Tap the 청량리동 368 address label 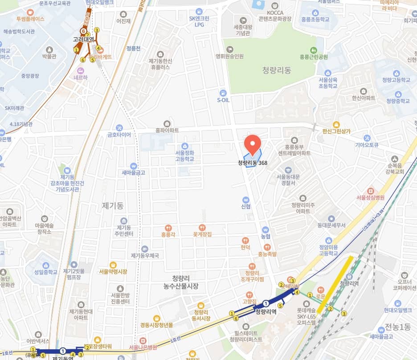pos(253,163)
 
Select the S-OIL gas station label pos(223,100)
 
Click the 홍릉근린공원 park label pos(314,57)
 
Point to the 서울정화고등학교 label pos(185,156)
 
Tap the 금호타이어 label pos(119,134)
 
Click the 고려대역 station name pos(84,40)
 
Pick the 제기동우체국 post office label pos(145,255)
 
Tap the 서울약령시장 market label pos(113,271)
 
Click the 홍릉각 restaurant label pos(167,233)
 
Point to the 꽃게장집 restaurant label pos(202,233)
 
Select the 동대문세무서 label pos(331,225)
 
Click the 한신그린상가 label pos(337,131)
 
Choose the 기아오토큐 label pos(367,144)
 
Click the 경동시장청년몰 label pos(156,325)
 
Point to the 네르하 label pos(81,76)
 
